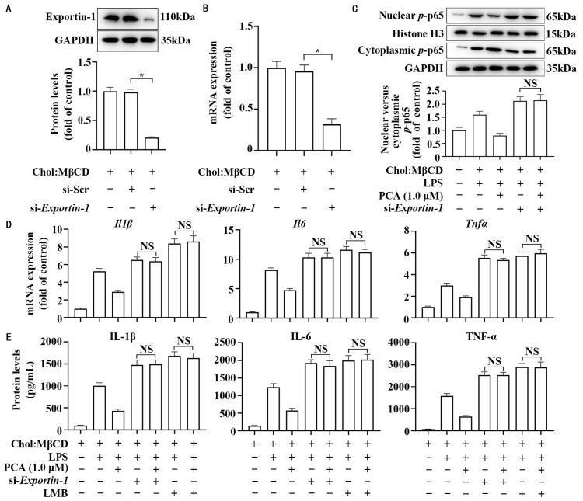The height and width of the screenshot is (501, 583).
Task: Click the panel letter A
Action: click(x=7, y=9)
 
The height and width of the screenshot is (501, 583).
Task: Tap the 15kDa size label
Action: click(x=562, y=33)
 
